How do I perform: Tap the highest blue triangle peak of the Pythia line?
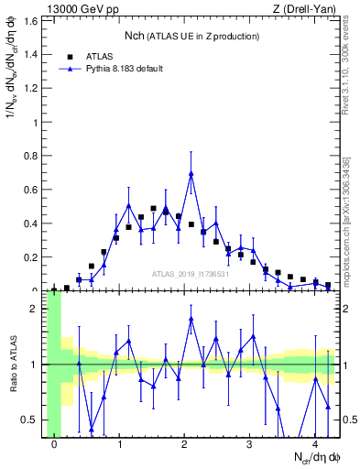click(x=191, y=174)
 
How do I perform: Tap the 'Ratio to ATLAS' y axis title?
click(x=12, y=365)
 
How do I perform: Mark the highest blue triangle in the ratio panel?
click(x=191, y=319)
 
